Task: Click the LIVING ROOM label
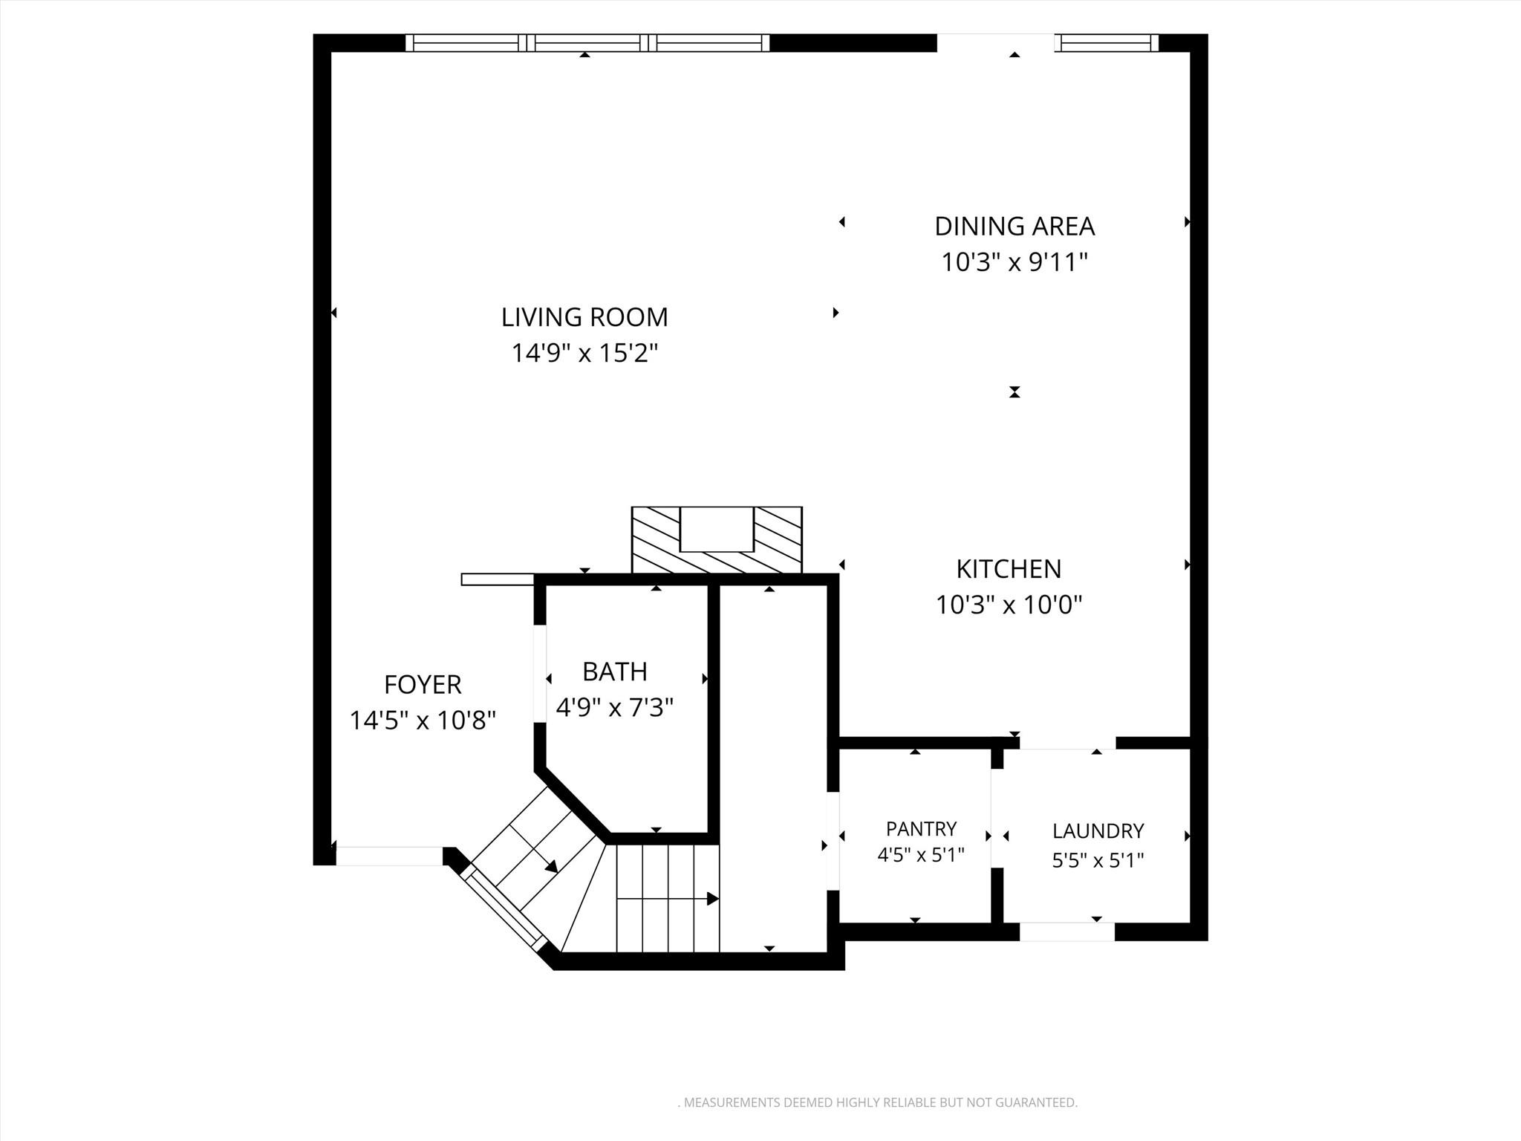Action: [x=584, y=317]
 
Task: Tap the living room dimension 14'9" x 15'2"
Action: [x=584, y=353]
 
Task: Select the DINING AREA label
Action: [x=1014, y=226]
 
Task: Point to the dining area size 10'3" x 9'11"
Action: [x=1014, y=261]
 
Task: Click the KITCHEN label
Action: [x=1009, y=569]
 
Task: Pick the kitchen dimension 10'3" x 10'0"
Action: [x=1009, y=605]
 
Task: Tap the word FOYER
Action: [x=423, y=684]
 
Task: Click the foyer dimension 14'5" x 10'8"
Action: [x=423, y=720]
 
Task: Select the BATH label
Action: [x=615, y=672]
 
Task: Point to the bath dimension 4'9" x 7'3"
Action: [x=615, y=707]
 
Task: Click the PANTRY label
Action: [x=921, y=828]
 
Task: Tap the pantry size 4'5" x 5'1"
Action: [x=921, y=855]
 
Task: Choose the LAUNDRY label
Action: [x=1098, y=830]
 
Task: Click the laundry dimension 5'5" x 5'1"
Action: [x=1098, y=860]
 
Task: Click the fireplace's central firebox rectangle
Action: [x=717, y=529]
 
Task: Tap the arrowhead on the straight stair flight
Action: [x=713, y=899]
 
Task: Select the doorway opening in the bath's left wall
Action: [x=540, y=673]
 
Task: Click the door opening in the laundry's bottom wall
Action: [x=1067, y=932]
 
